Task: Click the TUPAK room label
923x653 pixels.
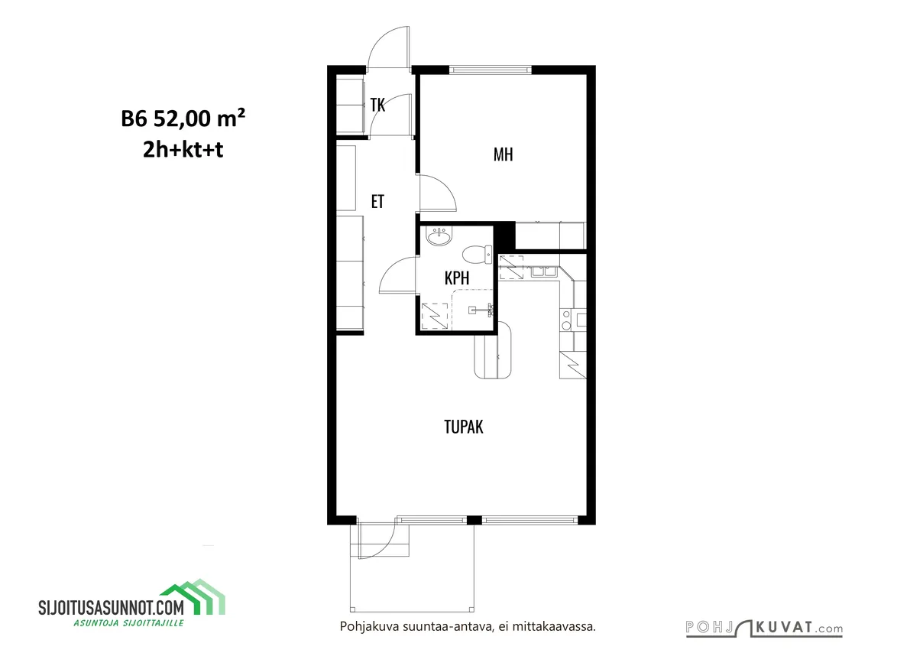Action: (464, 427)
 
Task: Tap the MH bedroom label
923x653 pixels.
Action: (503, 154)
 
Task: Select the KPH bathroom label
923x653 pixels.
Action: (457, 278)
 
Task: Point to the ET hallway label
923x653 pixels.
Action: (377, 202)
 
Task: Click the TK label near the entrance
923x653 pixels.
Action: (377, 105)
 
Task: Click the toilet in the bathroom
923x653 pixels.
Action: (477, 254)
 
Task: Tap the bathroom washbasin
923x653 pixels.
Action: (439, 236)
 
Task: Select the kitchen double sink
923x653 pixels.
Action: (544, 271)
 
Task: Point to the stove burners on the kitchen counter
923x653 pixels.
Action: (567, 320)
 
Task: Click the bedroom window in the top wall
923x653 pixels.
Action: (490, 70)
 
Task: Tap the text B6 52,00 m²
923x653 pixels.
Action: (183, 119)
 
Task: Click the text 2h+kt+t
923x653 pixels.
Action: (183, 149)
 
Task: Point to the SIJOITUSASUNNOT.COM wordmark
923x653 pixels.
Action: (112, 607)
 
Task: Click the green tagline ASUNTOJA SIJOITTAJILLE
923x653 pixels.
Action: (128, 622)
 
